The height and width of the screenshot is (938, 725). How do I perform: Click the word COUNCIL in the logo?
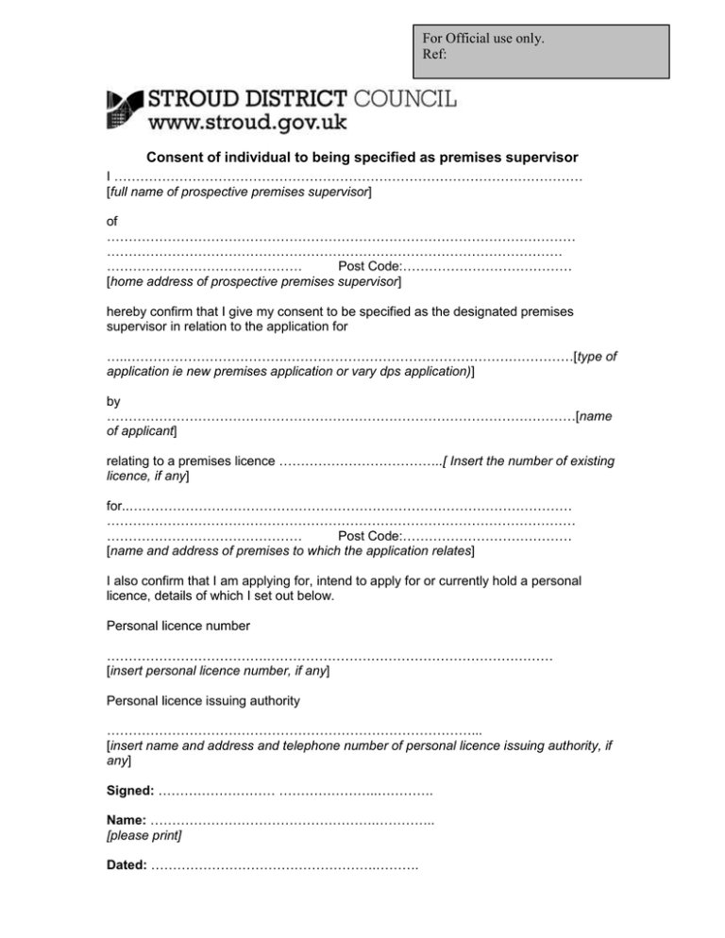pos(405,97)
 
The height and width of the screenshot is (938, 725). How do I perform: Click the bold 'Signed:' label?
pos(130,790)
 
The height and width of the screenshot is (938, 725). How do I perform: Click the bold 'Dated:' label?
pos(127,864)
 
